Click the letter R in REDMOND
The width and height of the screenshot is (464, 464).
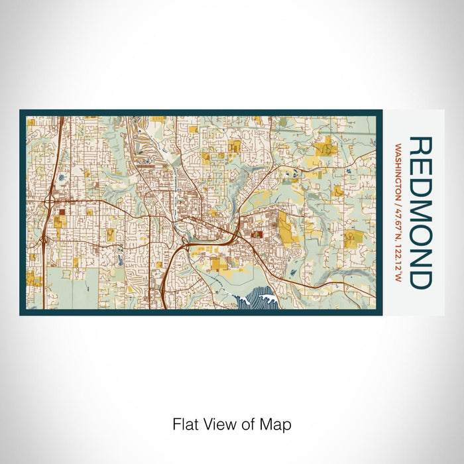click(x=422, y=147)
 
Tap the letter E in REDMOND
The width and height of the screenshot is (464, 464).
click(x=422, y=168)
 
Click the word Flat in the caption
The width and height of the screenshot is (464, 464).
click(x=184, y=424)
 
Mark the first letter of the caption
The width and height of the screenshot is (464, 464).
click(x=176, y=424)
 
